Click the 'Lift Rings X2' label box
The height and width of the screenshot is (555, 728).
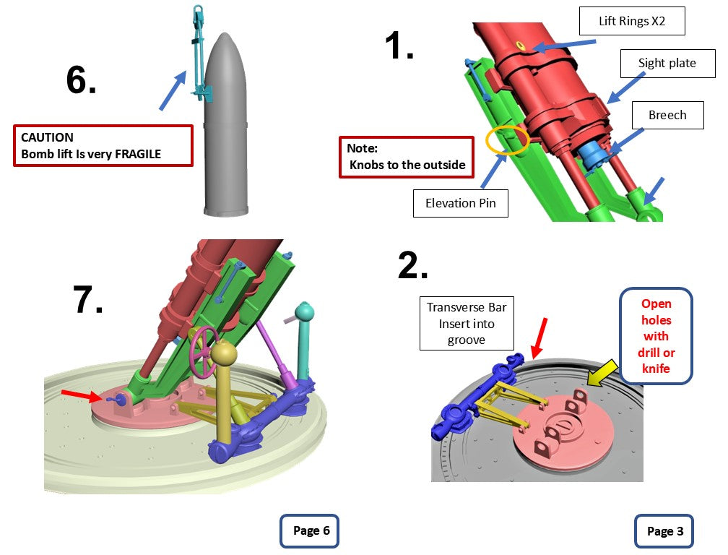pos(632,22)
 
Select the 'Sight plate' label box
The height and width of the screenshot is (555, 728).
pos(667,63)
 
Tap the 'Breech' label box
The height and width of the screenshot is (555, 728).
pos(667,115)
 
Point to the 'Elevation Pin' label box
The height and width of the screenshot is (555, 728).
pos(461,203)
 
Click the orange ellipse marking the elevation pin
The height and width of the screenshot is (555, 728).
pos(508,140)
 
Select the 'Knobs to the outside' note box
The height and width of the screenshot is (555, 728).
pos(407,157)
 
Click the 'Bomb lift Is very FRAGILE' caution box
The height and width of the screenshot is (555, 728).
pos(103,145)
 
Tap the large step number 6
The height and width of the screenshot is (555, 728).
pos(81,79)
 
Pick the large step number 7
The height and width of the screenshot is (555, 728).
pos(88,299)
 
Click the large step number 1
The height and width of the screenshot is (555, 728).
pos(399,46)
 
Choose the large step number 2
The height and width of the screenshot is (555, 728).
pos(413,267)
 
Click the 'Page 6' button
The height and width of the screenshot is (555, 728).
pos(309,531)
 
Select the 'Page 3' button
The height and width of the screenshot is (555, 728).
pos(664,531)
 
